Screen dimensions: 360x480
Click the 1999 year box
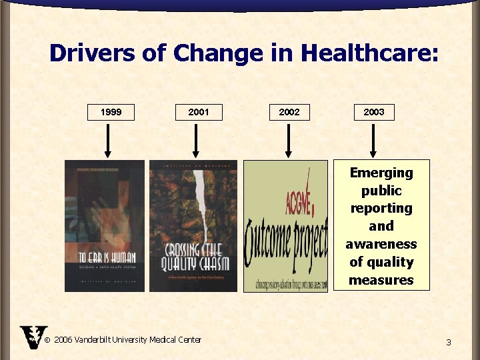point(111,112)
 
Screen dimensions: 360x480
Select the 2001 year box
point(198,112)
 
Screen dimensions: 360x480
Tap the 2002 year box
point(289,112)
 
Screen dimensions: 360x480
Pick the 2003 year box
point(373,112)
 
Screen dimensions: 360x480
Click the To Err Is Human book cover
point(104,226)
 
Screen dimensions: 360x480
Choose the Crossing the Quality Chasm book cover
point(193,226)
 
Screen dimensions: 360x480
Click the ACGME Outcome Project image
point(286,226)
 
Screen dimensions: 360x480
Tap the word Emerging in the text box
point(381,173)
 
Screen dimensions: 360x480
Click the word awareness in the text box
point(381,244)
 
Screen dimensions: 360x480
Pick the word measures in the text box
point(381,280)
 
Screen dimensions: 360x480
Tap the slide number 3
point(449,343)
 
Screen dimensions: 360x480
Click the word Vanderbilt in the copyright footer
point(99,340)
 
